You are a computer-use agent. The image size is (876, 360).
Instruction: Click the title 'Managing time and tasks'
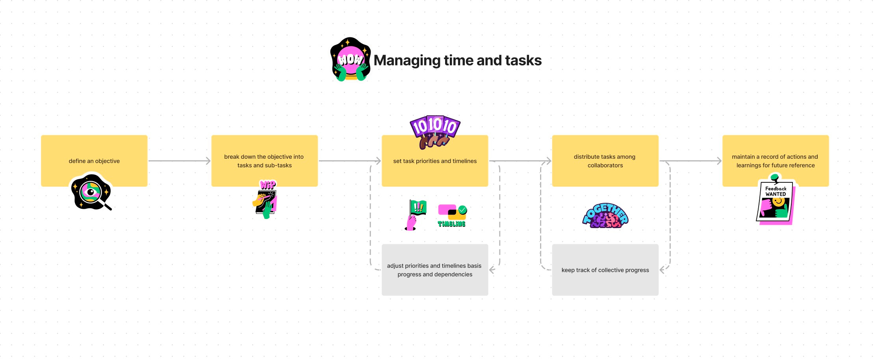pos(457,60)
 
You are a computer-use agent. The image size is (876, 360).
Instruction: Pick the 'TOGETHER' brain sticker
pos(605,216)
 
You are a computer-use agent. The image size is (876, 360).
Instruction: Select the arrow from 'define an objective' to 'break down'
pos(179,161)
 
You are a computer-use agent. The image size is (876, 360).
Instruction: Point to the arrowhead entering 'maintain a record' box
pos(719,161)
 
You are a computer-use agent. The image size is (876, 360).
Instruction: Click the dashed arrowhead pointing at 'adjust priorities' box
pos(492,270)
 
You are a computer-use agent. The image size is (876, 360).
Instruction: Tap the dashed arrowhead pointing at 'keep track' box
pos(662,270)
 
